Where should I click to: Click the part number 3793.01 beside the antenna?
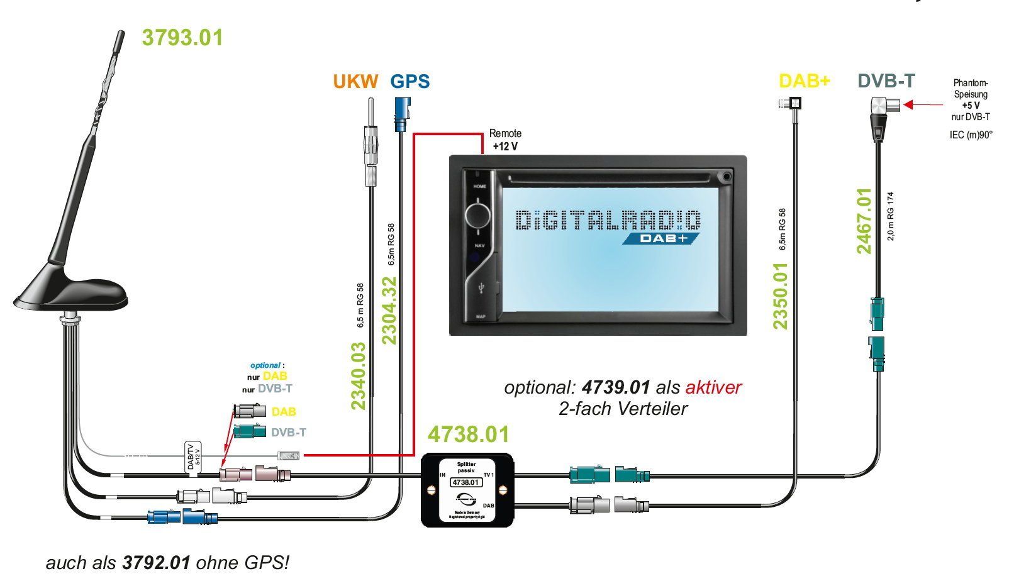pos(182,38)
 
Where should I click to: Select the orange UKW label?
pos(356,82)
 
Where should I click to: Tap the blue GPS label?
pos(410,82)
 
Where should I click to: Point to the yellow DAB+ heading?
pos(805,81)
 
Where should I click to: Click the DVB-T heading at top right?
pos(886,81)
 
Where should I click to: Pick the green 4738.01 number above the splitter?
pos(468,435)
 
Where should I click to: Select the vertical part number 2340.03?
pos(358,375)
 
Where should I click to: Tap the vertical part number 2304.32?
pos(390,311)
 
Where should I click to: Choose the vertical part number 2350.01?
pos(781,295)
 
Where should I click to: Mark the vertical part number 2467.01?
pos(864,221)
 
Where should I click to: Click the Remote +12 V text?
pos(505,140)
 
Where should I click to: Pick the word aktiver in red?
pos(713,387)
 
